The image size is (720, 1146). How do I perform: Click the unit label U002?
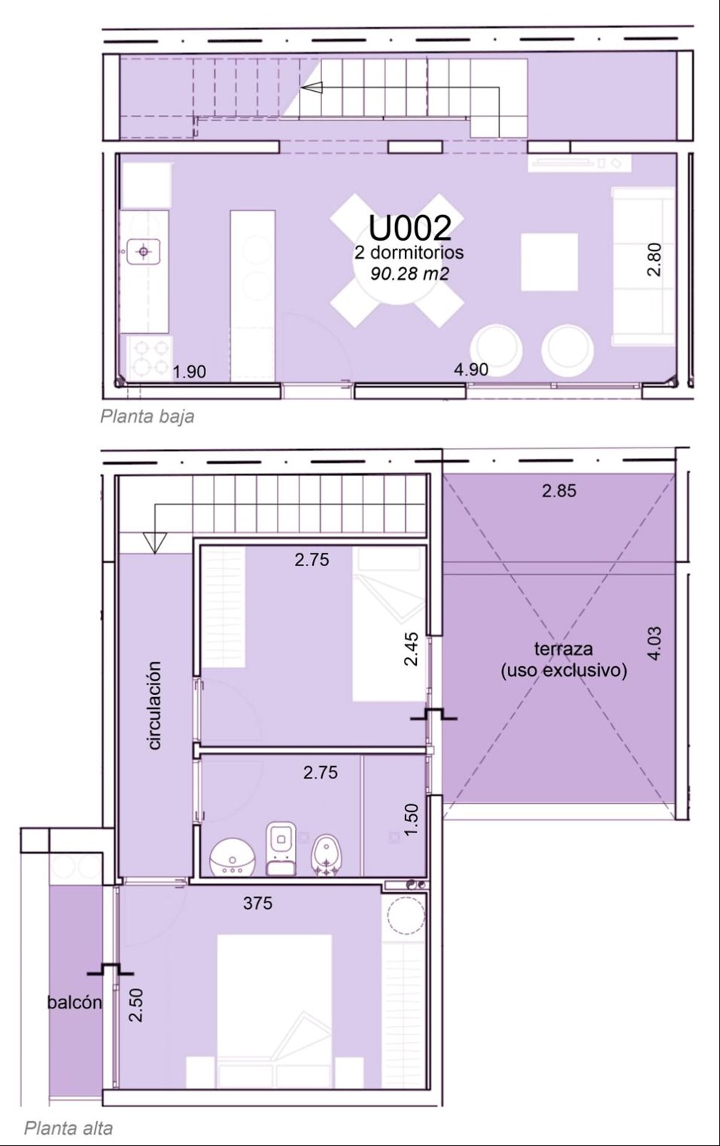pyautogui.click(x=410, y=228)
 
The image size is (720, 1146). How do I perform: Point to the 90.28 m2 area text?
pyautogui.click(x=409, y=274)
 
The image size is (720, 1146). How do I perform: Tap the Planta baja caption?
pyautogui.click(x=147, y=416)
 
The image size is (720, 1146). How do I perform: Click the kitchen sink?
pyautogui.click(x=144, y=251)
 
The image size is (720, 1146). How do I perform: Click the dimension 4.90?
pyautogui.click(x=471, y=369)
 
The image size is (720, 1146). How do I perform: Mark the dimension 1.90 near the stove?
pyautogui.click(x=190, y=371)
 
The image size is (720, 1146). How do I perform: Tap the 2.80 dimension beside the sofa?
pyautogui.click(x=655, y=259)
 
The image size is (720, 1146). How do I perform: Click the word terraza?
pyautogui.click(x=564, y=649)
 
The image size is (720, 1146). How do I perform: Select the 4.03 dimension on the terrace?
pyautogui.click(x=655, y=643)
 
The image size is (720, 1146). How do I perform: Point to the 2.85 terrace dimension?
pyautogui.click(x=559, y=490)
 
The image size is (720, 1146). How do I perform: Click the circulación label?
pyautogui.click(x=154, y=705)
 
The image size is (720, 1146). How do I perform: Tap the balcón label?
pyautogui.click(x=74, y=1002)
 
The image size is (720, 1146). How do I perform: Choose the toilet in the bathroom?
pyautogui.click(x=281, y=849)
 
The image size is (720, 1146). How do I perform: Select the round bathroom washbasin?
pyautogui.click(x=232, y=857)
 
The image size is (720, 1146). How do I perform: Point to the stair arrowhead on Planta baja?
pyautogui.click(x=312, y=88)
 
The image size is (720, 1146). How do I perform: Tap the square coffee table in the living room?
pyautogui.click(x=549, y=262)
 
